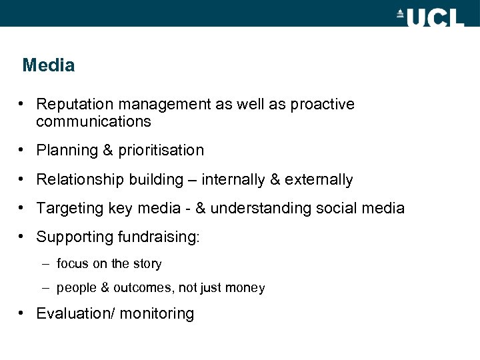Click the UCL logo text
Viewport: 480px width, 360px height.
(435, 17)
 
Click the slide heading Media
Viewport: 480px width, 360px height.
(48, 65)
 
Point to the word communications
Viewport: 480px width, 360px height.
(94, 122)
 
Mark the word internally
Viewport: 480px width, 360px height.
(231, 179)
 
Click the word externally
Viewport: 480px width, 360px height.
(319, 179)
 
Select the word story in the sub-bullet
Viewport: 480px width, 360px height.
(147, 264)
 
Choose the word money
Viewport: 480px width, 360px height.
(247, 289)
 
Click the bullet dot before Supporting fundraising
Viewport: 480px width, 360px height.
(22, 237)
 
